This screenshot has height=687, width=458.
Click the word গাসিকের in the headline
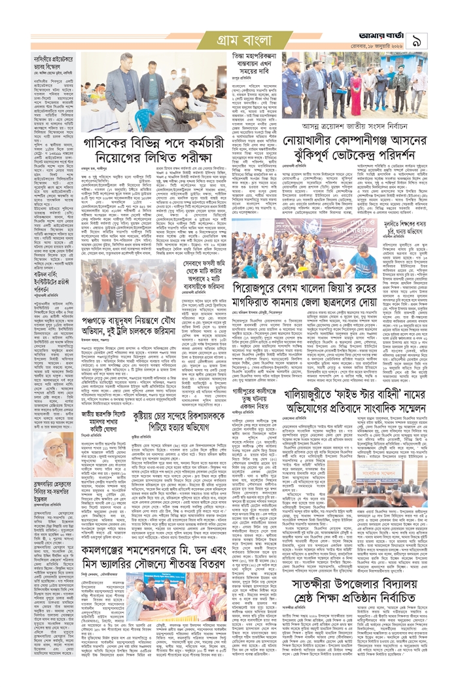point(105,143)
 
